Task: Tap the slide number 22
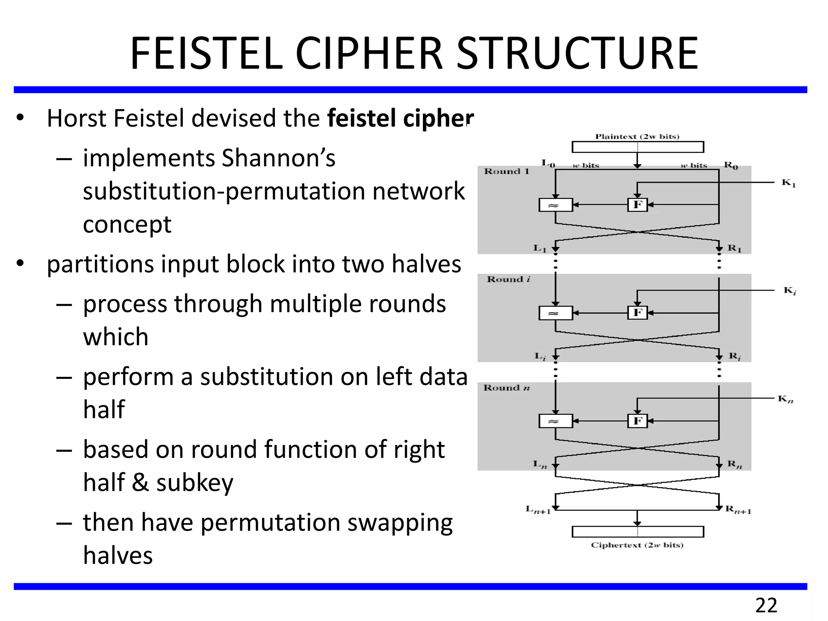pyautogui.click(x=766, y=606)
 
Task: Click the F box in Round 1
pyautogui.click(x=638, y=205)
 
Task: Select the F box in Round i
pyautogui.click(x=638, y=313)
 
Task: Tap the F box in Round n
pyautogui.click(x=638, y=421)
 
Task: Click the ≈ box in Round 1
pyautogui.click(x=556, y=205)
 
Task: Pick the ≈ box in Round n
pyautogui.click(x=556, y=421)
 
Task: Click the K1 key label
pyautogui.click(x=788, y=183)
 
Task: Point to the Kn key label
pyautogui.click(x=786, y=399)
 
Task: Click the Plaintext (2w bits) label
pyautogui.click(x=637, y=137)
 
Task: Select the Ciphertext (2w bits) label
pyautogui.click(x=637, y=545)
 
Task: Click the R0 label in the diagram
pyautogui.click(x=731, y=165)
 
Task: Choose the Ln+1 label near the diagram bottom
pyautogui.click(x=538, y=510)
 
